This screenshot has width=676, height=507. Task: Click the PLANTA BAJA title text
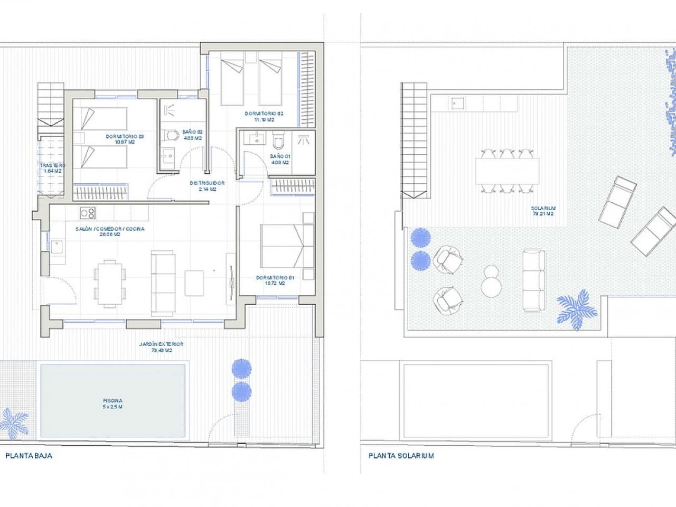(29, 456)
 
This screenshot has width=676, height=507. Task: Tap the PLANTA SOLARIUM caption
(401, 456)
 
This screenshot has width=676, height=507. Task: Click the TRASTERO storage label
(52, 168)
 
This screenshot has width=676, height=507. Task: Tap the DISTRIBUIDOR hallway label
(207, 186)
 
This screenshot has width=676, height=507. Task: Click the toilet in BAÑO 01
(278, 142)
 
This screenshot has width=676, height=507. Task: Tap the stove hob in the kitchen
(87, 213)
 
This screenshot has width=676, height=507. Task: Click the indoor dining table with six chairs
(110, 283)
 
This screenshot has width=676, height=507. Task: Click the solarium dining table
(507, 172)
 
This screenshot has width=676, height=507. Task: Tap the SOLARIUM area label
(542, 211)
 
